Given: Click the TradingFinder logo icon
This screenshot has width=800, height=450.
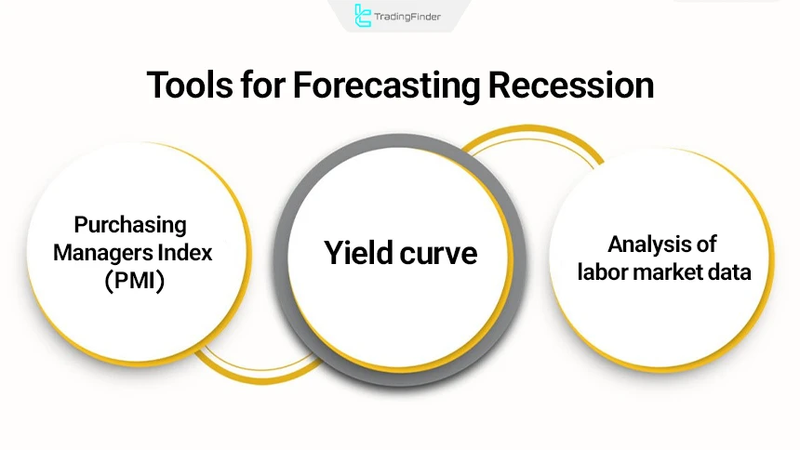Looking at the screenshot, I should (364, 15).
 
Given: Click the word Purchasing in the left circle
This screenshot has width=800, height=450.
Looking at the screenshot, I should (131, 225).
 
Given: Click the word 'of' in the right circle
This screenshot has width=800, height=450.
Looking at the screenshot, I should (706, 245).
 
